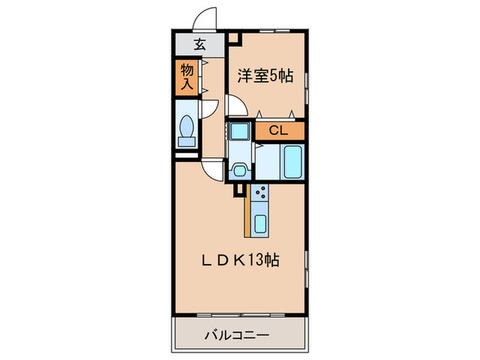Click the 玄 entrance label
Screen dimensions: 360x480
click(x=199, y=45)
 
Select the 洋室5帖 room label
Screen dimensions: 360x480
click(x=265, y=75)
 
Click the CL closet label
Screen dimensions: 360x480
click(x=278, y=130)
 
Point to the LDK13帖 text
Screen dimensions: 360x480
click(x=239, y=261)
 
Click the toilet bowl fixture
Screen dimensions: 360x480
click(x=186, y=130)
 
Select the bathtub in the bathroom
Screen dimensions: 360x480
click(x=293, y=162)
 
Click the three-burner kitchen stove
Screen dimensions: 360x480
click(x=261, y=196)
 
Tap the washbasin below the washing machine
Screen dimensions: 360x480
click(x=239, y=169)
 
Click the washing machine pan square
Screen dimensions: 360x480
click(x=239, y=130)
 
